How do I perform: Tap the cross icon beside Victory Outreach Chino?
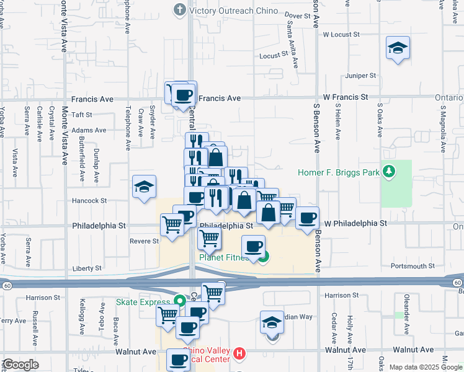pos(180,9)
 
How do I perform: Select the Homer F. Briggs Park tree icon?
pos(389,170)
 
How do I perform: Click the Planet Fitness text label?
pos(224,258)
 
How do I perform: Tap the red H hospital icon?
pos(240,355)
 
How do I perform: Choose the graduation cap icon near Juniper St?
pos(397,48)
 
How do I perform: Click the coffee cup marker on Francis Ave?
pos(182,94)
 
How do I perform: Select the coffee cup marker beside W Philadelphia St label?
pos(308,218)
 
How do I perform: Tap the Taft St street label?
pos(81,115)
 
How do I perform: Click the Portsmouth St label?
pos(413,266)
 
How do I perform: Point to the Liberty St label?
pos(87,268)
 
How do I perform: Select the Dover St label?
pos(298,15)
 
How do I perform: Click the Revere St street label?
pos(143,242)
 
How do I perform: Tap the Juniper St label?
pos(361,76)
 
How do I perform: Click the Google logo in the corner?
pos(20,365)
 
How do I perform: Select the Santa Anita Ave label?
pos(290,38)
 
